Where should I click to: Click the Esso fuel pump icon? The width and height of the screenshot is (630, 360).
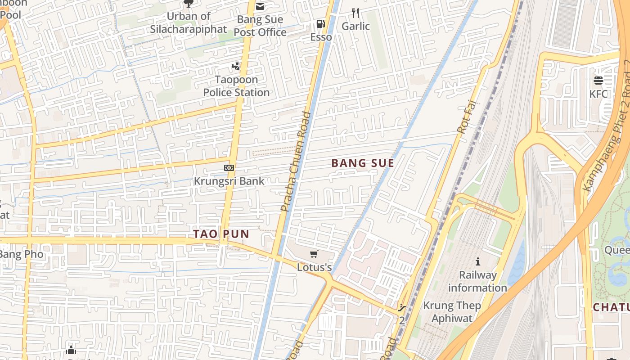(320, 23)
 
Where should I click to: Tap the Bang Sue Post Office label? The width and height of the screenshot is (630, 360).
(260, 26)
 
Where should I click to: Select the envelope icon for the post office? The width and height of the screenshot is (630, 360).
(260, 6)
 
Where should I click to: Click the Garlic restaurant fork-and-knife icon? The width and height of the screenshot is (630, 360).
(355, 13)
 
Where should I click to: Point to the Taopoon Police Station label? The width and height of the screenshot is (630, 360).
(236, 86)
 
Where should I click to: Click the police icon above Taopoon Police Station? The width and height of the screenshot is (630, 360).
(236, 67)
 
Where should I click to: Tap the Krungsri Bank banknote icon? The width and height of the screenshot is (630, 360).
(229, 168)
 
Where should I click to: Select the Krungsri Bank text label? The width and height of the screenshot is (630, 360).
(229, 181)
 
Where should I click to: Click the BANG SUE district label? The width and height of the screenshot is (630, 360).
(363, 163)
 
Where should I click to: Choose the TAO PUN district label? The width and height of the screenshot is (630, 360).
(221, 234)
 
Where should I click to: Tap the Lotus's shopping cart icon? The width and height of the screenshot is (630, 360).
(314, 254)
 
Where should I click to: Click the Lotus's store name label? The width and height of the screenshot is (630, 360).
(314, 267)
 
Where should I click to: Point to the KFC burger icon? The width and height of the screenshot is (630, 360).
(598, 81)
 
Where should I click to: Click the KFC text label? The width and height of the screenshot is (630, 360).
(598, 94)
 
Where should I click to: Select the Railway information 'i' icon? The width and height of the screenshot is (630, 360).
(478, 261)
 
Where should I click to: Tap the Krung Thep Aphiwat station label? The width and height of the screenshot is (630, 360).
(452, 312)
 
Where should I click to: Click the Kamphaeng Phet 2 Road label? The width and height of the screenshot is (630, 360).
(607, 126)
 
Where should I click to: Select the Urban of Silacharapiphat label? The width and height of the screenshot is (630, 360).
(188, 23)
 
